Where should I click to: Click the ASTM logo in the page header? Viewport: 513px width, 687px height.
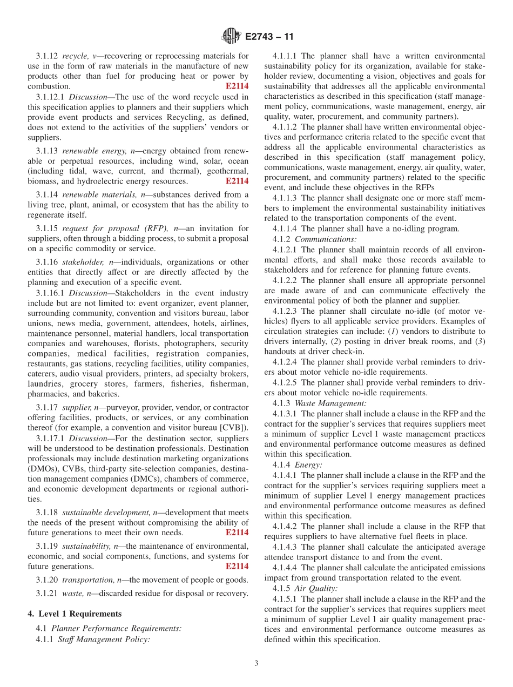(231, 37)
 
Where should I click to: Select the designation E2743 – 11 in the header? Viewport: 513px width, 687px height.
(269, 37)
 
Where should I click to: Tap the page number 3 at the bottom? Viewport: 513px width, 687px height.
(256, 663)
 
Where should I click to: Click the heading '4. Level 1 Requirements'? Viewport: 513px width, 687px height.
(75, 614)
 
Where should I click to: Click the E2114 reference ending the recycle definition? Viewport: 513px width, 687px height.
(237, 86)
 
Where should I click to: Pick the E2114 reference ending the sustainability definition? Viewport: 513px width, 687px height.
(237, 567)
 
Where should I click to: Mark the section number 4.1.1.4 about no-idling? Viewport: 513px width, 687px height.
(285, 228)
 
